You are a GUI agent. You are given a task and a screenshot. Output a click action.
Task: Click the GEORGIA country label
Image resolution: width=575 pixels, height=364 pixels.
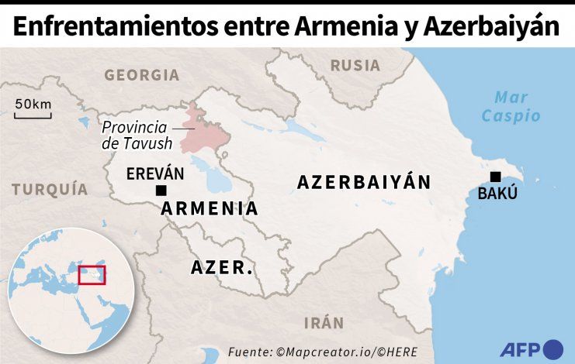point(141,75)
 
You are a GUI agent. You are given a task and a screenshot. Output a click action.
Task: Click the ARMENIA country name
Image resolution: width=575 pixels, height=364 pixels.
point(210,208)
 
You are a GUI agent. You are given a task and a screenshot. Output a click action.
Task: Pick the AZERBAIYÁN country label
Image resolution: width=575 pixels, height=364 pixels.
point(363,182)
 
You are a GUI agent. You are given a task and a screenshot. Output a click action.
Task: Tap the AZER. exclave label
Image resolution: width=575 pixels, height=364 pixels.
point(222,269)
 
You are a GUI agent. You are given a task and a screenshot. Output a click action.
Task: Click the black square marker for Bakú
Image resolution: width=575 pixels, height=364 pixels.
point(496,177)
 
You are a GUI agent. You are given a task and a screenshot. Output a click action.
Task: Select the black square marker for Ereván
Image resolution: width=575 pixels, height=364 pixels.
point(161,191)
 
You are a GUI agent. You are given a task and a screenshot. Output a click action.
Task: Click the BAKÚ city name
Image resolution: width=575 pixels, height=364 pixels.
point(497,194)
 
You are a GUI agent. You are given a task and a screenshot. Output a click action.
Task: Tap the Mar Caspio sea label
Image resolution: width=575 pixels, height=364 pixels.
point(511,107)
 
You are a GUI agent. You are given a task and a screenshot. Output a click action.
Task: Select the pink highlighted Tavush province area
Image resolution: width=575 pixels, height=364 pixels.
point(203,132)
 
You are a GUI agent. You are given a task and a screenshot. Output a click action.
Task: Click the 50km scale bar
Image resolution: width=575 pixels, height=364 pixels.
point(33,116)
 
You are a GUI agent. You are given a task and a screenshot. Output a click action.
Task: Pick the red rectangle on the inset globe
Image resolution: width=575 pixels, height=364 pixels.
point(92,274)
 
